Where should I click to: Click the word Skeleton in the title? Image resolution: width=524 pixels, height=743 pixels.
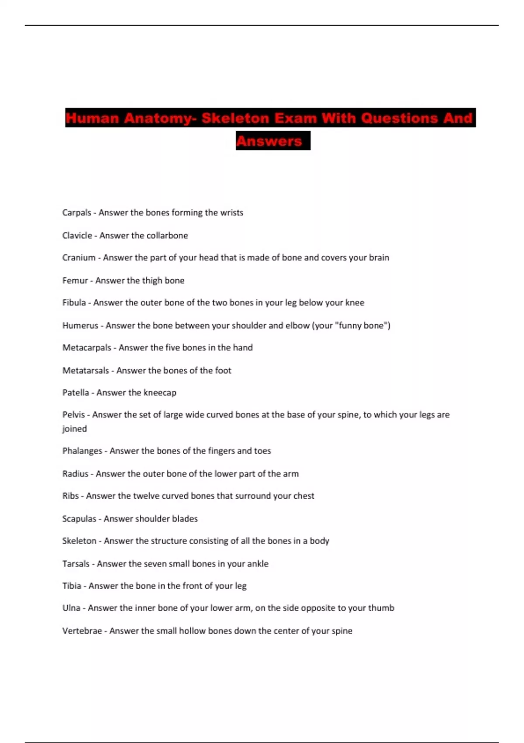coord(235,118)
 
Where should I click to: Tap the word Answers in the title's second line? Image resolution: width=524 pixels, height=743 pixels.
coord(269,141)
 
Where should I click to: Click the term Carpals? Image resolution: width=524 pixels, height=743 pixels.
coord(76,213)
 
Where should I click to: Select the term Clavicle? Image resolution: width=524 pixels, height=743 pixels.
coord(77,236)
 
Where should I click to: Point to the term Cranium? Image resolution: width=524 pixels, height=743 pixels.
coord(79,258)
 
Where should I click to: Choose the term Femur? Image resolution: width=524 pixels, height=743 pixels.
coord(75,281)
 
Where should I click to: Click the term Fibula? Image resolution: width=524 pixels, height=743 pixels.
coord(74,303)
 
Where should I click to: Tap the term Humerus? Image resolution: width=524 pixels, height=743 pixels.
coord(80,326)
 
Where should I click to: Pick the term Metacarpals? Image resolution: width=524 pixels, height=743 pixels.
coord(86,348)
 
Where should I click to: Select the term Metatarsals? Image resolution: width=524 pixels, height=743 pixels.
coord(86,371)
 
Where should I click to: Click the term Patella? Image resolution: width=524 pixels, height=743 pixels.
coord(76,392)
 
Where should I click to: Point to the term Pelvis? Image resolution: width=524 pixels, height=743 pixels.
coord(73,415)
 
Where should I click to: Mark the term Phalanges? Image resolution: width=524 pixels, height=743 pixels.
coord(82,451)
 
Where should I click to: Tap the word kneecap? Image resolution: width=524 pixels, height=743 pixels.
coord(160,392)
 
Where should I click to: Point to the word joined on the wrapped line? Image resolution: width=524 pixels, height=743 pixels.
coord(74,429)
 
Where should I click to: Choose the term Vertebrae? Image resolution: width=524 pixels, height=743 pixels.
coord(82,631)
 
